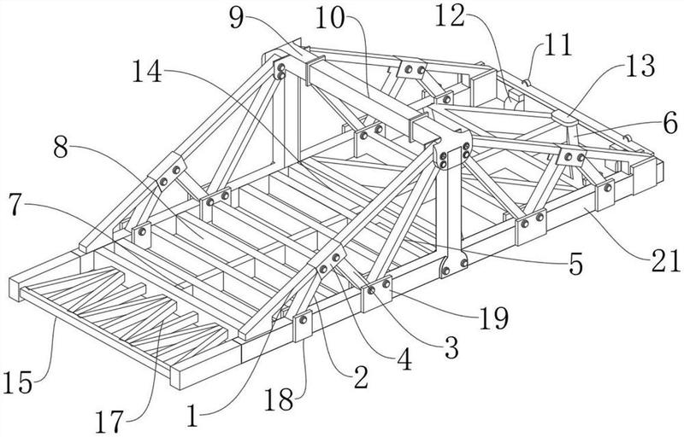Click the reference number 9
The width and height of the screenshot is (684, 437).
click(237, 18)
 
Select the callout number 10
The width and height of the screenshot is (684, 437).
click(330, 18)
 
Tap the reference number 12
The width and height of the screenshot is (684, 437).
click(451, 16)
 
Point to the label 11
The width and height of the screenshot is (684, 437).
click(557, 45)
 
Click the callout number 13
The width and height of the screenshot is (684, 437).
click(640, 67)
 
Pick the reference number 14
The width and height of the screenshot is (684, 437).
click(147, 72)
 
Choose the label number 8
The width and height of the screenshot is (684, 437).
click(61, 149)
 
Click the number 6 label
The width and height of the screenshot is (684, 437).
click(670, 123)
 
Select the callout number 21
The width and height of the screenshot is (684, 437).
click(666, 260)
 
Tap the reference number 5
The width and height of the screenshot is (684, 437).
click(575, 265)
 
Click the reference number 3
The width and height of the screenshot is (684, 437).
click(452, 347)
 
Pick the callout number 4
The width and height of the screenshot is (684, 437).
click(404, 359)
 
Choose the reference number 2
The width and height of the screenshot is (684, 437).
click(362, 377)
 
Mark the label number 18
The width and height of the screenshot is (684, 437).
click(280, 399)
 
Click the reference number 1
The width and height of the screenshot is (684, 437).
click(192, 416)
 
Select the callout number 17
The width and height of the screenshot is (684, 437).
click(109, 422)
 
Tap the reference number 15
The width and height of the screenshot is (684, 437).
click(17, 383)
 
